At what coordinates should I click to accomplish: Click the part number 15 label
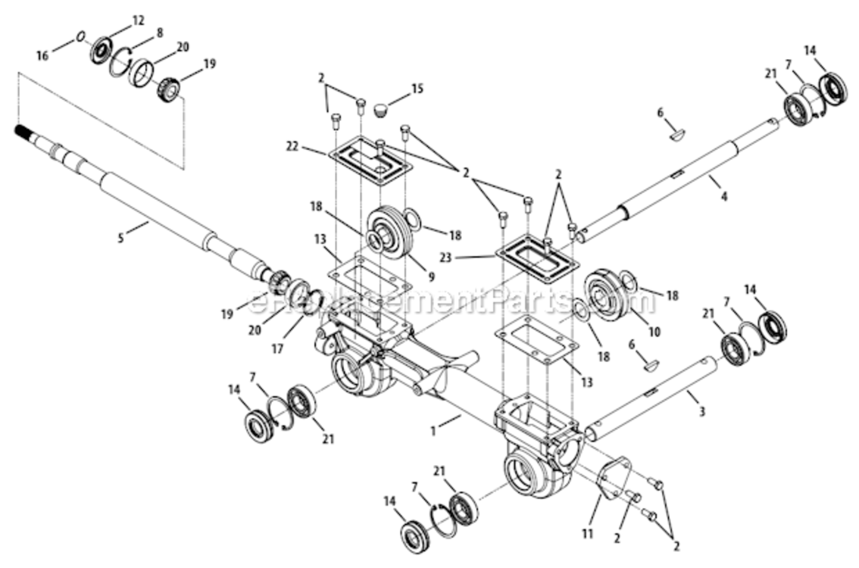(x=417, y=89)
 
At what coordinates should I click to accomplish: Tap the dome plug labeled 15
(x=382, y=110)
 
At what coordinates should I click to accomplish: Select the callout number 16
(x=42, y=55)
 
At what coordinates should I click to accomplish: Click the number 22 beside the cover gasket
(x=293, y=147)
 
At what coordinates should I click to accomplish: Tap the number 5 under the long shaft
(x=120, y=239)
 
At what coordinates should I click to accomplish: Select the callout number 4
(x=723, y=197)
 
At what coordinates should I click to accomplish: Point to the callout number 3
(x=701, y=412)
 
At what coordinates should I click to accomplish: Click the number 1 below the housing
(x=433, y=431)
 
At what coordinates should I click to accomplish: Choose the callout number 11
(x=587, y=534)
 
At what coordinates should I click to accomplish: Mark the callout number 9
(x=431, y=277)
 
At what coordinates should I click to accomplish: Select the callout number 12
(x=138, y=20)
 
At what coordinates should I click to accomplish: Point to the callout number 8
(x=159, y=33)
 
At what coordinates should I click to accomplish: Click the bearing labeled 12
(x=102, y=51)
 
